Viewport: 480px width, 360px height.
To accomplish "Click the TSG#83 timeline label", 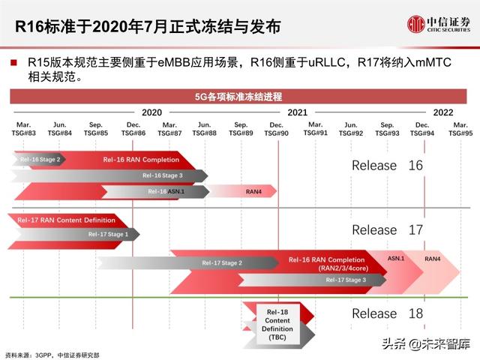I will [x=24, y=128].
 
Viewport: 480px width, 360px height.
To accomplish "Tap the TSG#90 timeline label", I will [x=276, y=128].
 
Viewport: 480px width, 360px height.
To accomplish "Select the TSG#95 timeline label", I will [x=460, y=128].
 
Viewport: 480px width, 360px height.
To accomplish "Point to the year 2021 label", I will [x=298, y=111].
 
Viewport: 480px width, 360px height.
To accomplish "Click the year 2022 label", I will [x=442, y=111].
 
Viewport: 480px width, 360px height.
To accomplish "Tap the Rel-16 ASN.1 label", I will [x=166, y=191].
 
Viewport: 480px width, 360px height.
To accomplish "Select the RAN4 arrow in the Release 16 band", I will [x=253, y=191].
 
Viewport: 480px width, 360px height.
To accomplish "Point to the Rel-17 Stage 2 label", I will [x=222, y=263].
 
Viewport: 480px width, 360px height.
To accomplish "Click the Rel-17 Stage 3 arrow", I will [x=346, y=280].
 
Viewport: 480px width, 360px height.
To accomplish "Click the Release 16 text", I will [x=387, y=165].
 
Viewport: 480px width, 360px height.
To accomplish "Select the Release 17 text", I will [x=387, y=229].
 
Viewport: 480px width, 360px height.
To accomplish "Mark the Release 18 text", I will [x=387, y=313].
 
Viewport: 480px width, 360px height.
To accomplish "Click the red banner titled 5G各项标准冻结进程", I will [x=239, y=96].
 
